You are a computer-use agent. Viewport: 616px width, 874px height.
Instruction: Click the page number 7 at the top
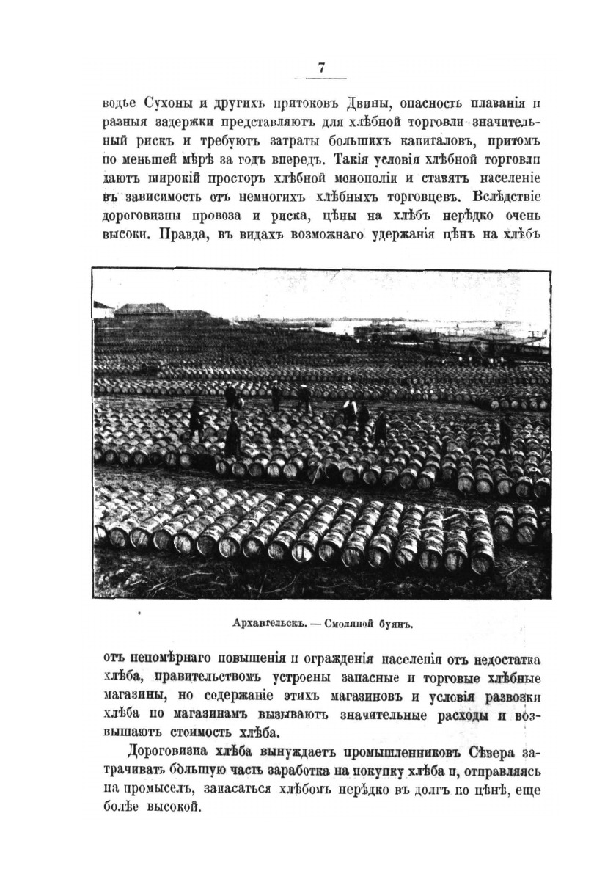[320, 68]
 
